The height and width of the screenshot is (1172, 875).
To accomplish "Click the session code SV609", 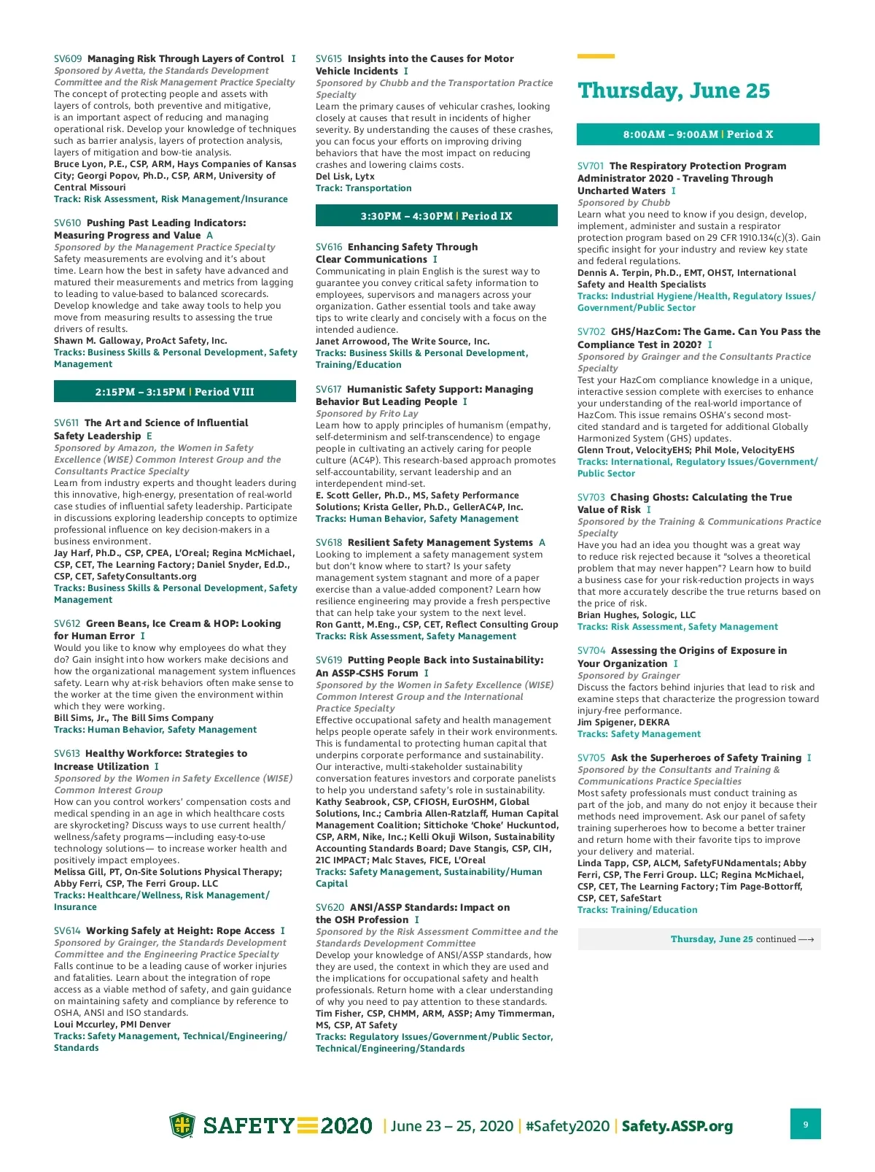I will point(68,58).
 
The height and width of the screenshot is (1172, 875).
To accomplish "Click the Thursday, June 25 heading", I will point(673,91).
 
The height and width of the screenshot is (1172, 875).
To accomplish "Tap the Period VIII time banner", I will point(175,392).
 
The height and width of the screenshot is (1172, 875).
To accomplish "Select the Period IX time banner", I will point(436,216).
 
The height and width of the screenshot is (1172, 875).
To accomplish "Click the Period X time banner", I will point(698,134).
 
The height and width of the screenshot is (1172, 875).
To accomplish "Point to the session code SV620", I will point(330,907).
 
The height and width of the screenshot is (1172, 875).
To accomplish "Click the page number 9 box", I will point(805,1124).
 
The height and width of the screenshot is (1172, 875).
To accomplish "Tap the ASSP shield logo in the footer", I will point(182,1125).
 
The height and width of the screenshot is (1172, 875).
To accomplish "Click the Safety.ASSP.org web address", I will point(677,1126).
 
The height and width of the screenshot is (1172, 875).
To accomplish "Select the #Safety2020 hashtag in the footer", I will point(567,1126).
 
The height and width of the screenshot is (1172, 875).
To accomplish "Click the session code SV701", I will point(591,166).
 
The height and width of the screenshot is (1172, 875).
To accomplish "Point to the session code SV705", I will point(591,757).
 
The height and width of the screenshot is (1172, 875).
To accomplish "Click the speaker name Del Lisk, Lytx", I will point(345,177).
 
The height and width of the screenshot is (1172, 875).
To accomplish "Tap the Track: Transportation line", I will point(363,188).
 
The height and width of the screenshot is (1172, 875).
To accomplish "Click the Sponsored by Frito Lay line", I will point(367,414).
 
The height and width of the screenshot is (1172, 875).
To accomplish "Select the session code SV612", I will point(67,623).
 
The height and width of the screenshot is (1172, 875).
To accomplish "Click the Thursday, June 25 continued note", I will point(742,939).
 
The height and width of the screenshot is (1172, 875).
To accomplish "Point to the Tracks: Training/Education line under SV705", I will point(637,910).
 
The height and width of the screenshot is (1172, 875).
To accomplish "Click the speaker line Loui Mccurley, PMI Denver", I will point(112,1025).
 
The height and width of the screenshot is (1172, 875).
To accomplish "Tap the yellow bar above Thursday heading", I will point(596,56).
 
